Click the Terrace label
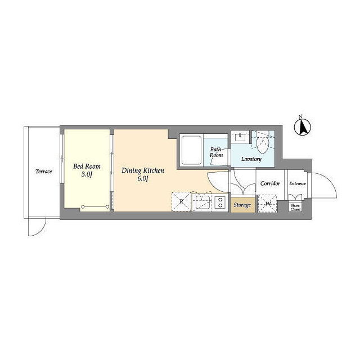44,171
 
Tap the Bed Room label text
87,166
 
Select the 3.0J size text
87,174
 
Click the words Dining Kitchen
143,170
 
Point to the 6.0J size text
143,179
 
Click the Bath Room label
216,152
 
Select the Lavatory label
251,159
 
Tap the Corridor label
270,183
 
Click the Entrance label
298,183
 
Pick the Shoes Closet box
295,208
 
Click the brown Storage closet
243,204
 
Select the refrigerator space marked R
181,201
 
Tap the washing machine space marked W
268,204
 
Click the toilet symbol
263,142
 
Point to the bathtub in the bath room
191,150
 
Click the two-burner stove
220,202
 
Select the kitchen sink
202,202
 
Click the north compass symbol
303,127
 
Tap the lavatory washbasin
240,137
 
